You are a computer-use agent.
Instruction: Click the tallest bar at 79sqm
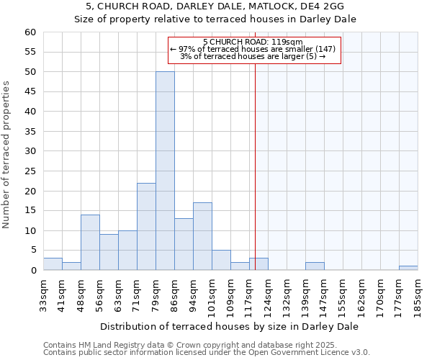pos(165,171)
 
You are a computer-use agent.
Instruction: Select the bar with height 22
pos(146,226)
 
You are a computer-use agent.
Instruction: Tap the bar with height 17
pos(202,236)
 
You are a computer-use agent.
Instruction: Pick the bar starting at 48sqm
pos(90,242)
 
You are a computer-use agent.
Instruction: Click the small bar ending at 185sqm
pos(408,268)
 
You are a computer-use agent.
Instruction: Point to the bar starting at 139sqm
pos(315,266)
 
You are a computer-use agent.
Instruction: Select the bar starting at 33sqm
pos(53,264)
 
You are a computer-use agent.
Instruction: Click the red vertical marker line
pos(255,166)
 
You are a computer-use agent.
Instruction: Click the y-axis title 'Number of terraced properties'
pos(6,155)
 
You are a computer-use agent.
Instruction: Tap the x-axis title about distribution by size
pos(230,326)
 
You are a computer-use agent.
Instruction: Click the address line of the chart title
pos(216,6)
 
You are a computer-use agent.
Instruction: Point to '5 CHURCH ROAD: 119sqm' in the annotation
pos(253,42)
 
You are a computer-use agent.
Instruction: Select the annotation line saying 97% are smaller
pos(253,49)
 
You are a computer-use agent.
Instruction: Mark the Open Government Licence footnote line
pos(207,353)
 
